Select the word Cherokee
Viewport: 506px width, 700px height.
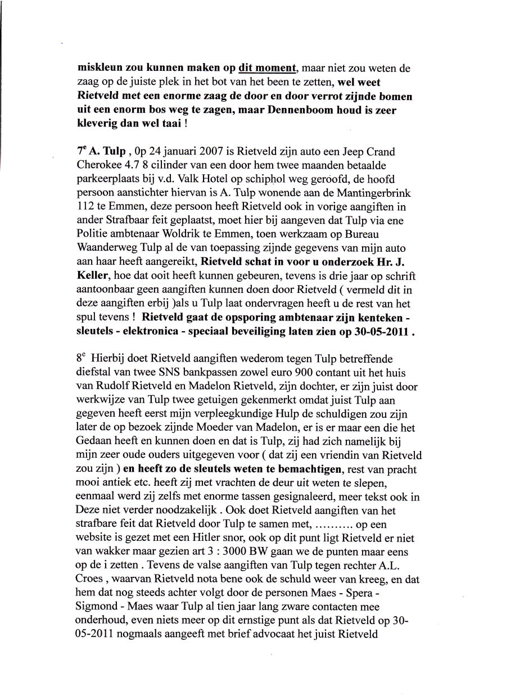pos(99,166)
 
